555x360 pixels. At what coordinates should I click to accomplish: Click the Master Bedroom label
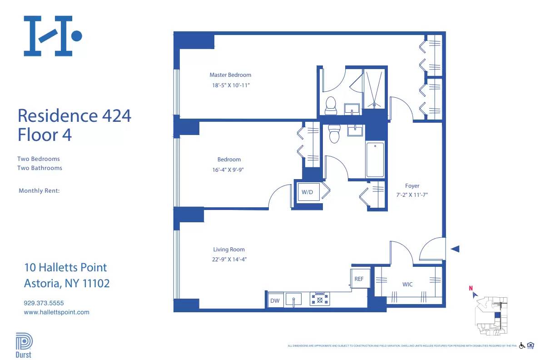(230, 75)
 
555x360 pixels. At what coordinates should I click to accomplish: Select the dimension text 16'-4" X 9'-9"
(229, 170)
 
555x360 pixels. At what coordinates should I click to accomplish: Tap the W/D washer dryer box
(307, 192)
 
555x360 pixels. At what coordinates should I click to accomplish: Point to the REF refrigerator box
(359, 279)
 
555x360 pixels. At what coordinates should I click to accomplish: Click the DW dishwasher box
(275, 300)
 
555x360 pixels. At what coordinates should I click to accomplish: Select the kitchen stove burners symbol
(320, 299)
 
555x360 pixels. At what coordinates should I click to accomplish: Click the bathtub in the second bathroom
(375, 160)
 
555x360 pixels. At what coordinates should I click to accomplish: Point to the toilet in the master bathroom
(331, 105)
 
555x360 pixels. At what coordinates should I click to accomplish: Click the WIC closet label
(407, 285)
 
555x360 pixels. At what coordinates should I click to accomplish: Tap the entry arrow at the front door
(455, 249)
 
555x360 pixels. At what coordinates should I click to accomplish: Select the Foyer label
(412, 186)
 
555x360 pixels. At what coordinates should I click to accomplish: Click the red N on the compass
(471, 288)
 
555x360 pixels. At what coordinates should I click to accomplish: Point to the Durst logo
(24, 345)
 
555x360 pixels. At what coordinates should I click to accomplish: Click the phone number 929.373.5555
(44, 303)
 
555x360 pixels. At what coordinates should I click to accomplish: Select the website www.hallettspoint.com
(56, 312)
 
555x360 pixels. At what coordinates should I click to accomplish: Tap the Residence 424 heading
(74, 115)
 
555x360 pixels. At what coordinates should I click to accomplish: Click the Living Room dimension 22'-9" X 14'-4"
(229, 260)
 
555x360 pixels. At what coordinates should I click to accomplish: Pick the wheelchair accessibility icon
(522, 345)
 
